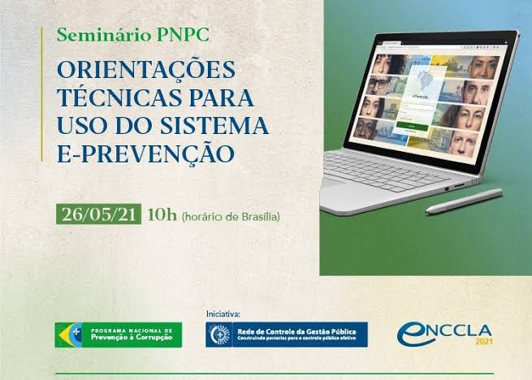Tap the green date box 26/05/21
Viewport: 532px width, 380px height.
tap(99, 215)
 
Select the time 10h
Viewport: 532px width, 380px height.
tap(161, 215)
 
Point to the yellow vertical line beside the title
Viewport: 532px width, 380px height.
tap(42, 94)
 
